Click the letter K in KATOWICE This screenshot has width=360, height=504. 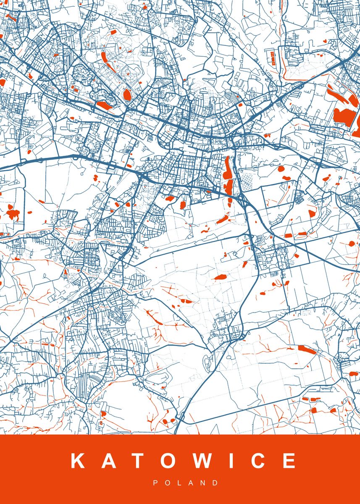79,461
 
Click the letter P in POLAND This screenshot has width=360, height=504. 155,483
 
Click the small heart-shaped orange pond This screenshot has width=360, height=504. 325,41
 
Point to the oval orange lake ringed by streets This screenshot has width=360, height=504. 127,94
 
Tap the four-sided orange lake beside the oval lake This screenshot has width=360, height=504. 103,105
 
